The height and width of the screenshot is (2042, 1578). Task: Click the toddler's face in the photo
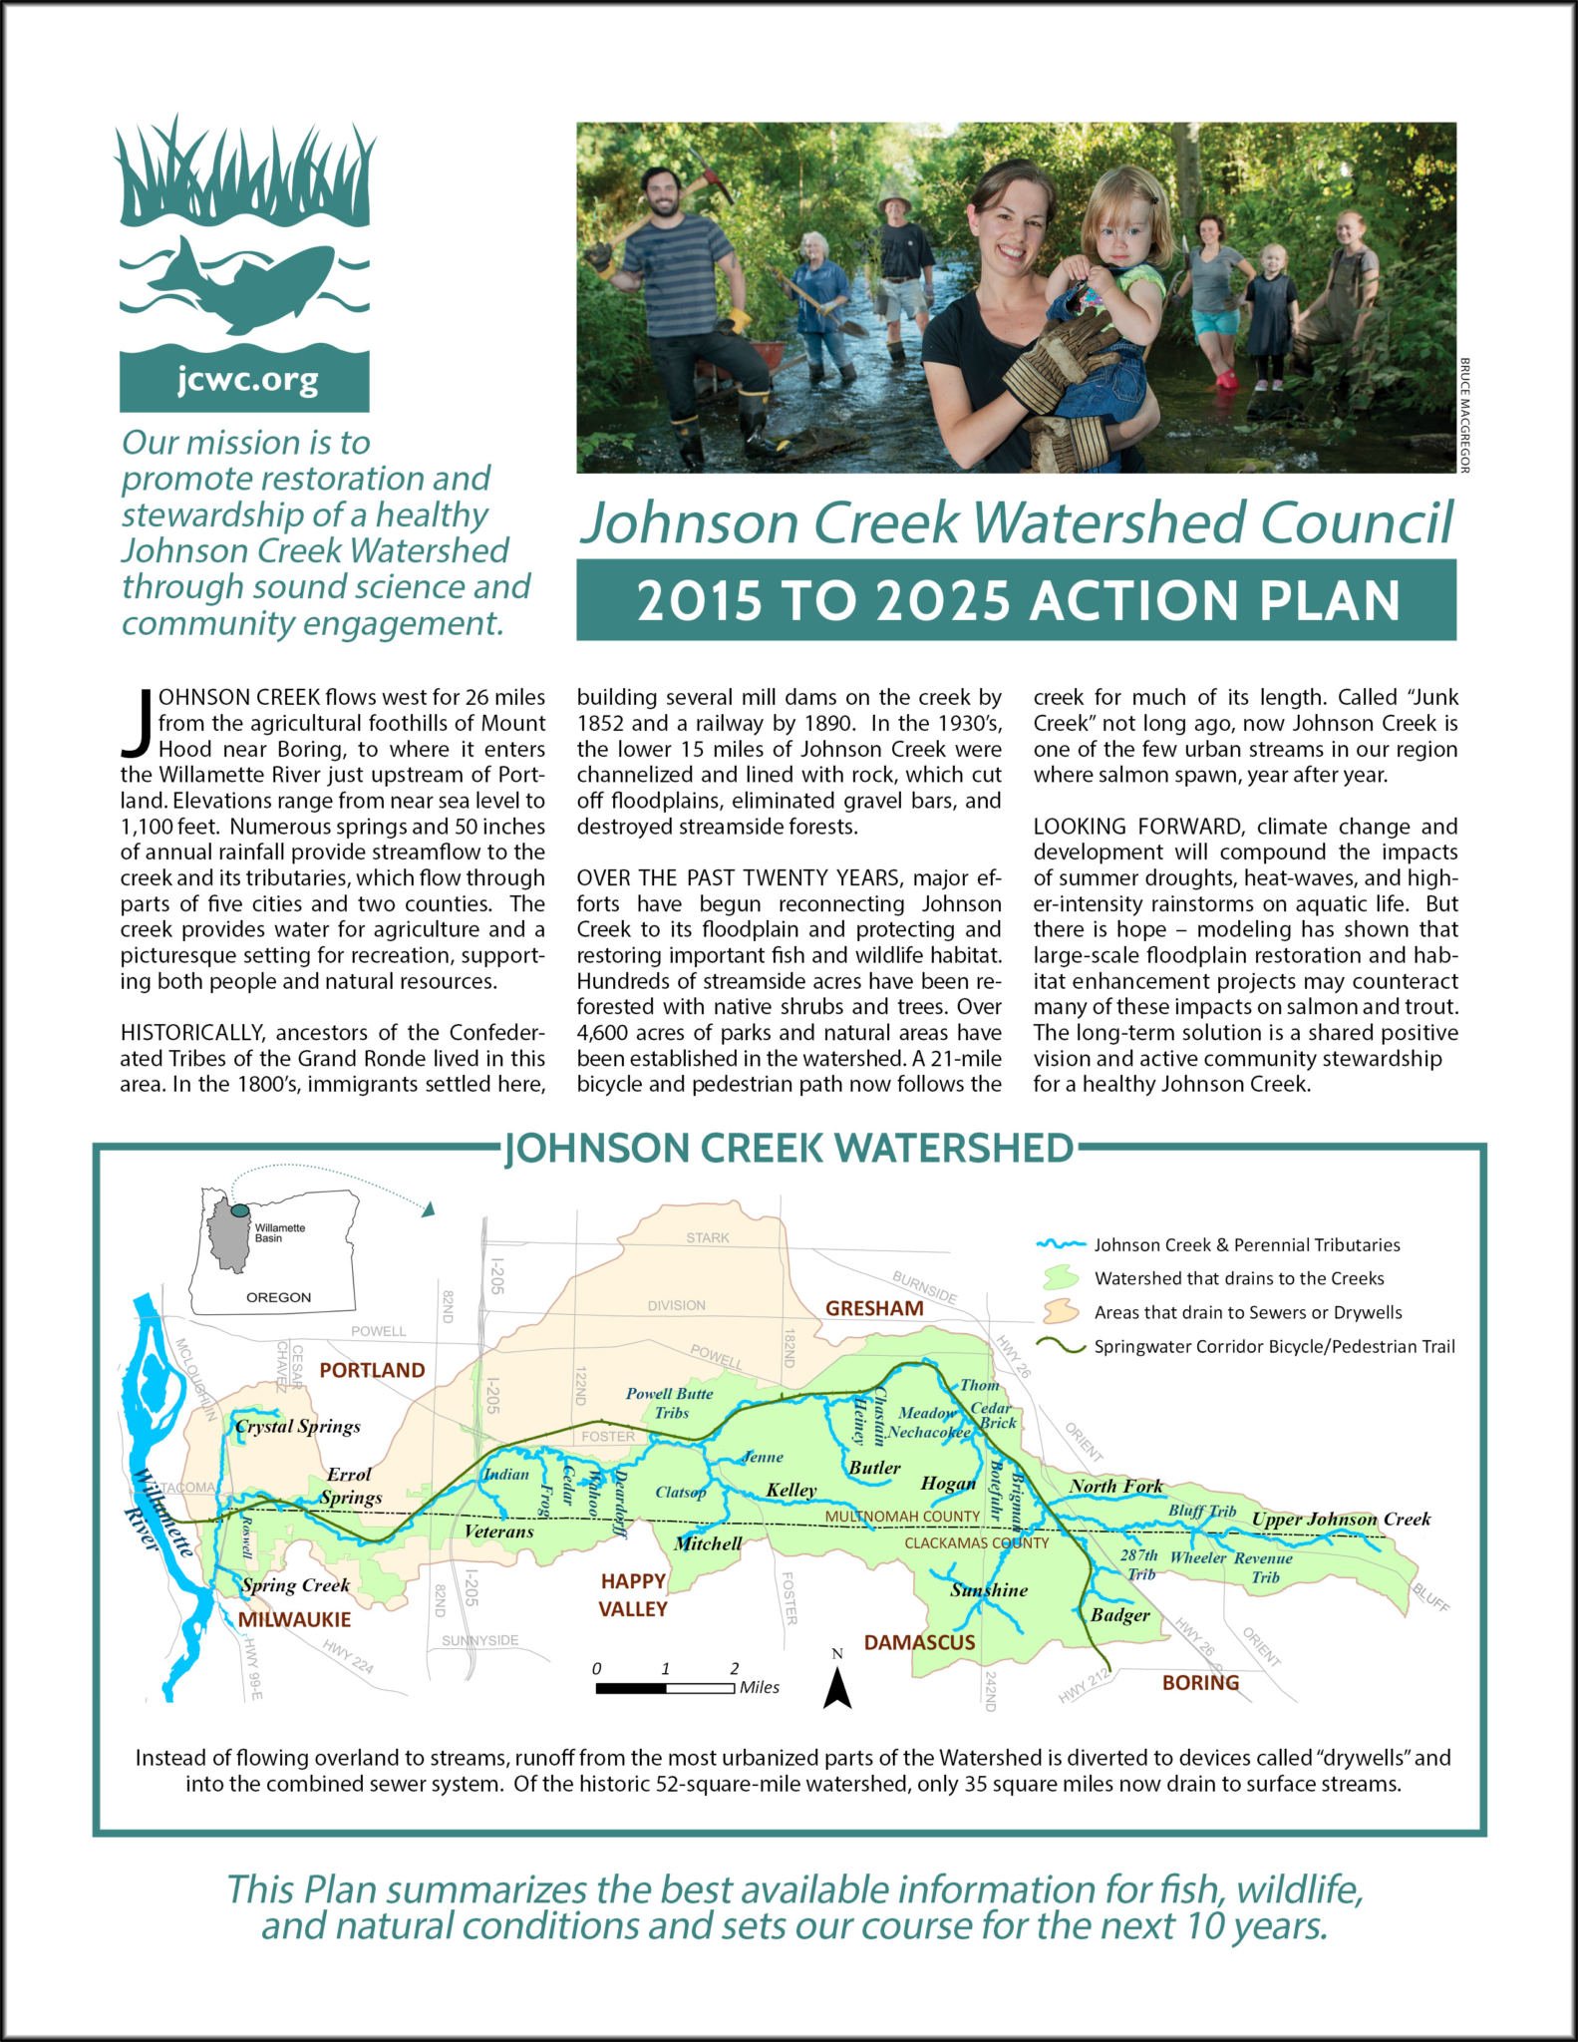[1123, 229]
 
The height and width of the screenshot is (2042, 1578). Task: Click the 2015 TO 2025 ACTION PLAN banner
[1016, 600]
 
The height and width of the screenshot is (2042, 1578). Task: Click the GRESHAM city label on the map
[874, 1308]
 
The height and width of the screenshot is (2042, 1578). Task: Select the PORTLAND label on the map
[372, 1370]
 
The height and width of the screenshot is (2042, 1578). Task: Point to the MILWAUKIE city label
[294, 1620]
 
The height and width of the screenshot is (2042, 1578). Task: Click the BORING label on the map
[1200, 1683]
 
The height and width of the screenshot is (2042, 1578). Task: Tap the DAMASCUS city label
[919, 1642]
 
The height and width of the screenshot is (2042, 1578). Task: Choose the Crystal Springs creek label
[298, 1427]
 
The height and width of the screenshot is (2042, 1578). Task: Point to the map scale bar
[665, 1688]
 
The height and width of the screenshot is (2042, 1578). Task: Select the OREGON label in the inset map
[279, 1297]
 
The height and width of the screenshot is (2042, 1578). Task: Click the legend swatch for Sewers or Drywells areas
[1060, 1311]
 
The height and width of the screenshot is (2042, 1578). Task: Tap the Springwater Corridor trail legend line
[1060, 1346]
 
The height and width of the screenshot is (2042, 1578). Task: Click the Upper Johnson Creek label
[1341, 1520]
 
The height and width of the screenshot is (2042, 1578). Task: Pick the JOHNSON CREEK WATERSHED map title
[789, 1149]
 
